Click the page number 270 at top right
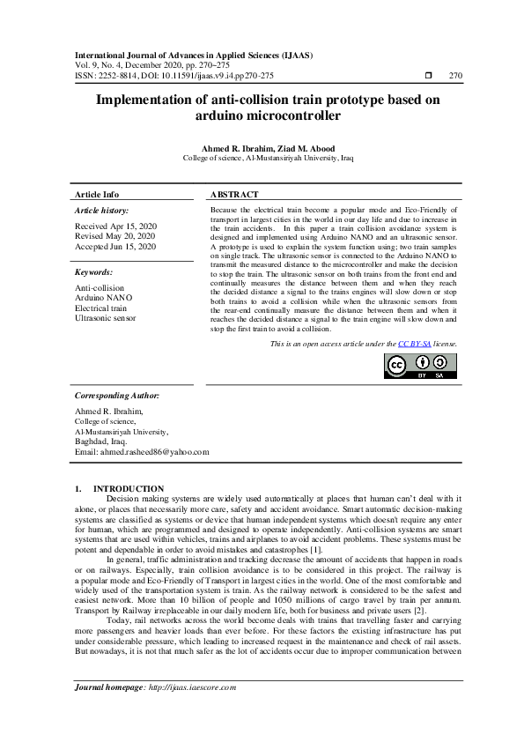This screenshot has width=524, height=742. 455,76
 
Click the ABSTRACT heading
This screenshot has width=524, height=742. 234,194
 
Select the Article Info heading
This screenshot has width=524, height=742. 97,194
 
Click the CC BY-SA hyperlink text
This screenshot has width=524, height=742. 409,344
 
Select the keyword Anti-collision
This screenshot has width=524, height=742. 100,288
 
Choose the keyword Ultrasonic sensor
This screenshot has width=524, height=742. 106,318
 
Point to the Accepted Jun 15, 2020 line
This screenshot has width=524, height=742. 115,247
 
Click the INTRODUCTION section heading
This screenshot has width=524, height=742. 129,488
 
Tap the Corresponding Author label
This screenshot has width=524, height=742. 117,396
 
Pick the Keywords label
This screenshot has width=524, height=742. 93,273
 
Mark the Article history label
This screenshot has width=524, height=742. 101,211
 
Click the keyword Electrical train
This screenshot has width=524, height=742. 100,308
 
